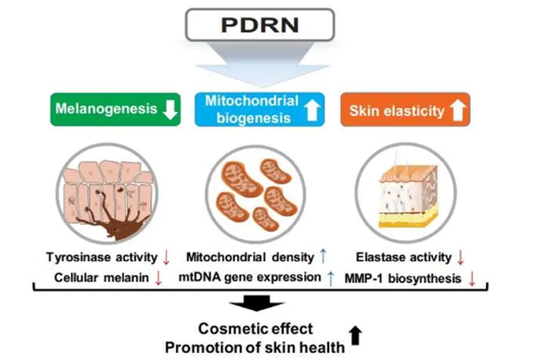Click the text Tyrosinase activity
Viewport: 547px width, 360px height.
[x=98, y=256]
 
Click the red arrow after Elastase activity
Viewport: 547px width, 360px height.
[x=461, y=256]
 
